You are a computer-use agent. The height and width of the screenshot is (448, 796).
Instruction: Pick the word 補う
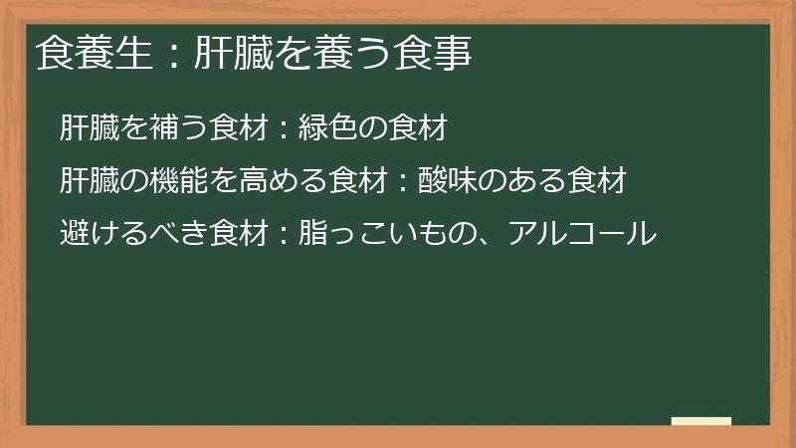tap(163, 127)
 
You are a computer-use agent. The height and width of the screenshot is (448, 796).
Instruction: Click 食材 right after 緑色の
tap(423, 127)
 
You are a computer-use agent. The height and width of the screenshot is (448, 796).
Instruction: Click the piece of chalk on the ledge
tap(701, 421)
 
